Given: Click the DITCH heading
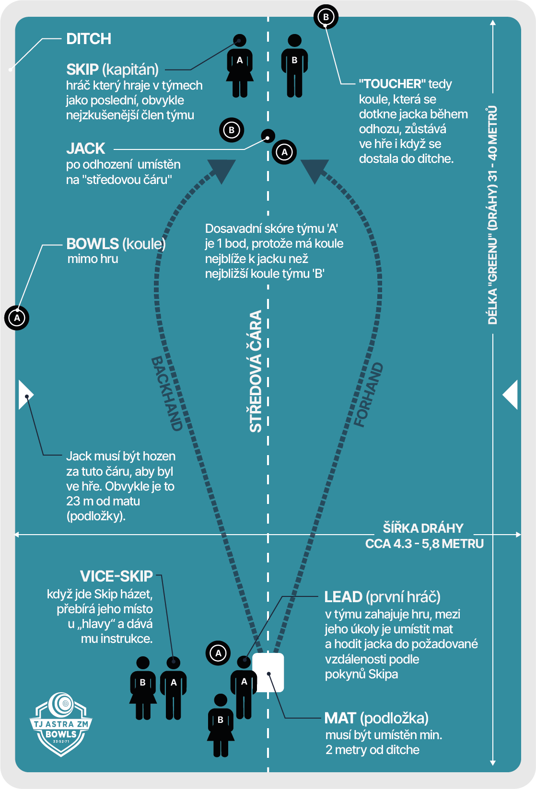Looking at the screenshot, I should pyautogui.click(x=89, y=39).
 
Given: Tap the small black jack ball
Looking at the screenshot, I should pyautogui.click(x=268, y=136).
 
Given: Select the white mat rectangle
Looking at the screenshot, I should pyautogui.click(x=268, y=673).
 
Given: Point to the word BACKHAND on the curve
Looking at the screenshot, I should pyautogui.click(x=167, y=393).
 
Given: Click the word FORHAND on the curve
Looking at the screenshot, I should pyautogui.click(x=369, y=395).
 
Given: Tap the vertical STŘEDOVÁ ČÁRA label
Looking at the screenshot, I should pyautogui.click(x=256, y=371).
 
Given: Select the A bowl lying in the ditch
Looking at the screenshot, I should pyautogui.click(x=17, y=318).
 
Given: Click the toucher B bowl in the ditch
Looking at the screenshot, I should pyautogui.click(x=326, y=17).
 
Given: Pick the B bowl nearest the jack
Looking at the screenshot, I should pyautogui.click(x=232, y=130).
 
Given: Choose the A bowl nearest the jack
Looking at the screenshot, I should pyautogui.click(x=284, y=152).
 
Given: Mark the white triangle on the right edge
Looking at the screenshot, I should pyautogui.click(x=511, y=395).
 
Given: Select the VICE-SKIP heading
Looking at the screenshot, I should pyautogui.click(x=117, y=576).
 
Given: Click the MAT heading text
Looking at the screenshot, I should pyautogui.click(x=340, y=718).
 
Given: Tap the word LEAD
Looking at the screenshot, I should pyautogui.click(x=343, y=597).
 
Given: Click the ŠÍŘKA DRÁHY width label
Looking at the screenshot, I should pyautogui.click(x=423, y=528).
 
